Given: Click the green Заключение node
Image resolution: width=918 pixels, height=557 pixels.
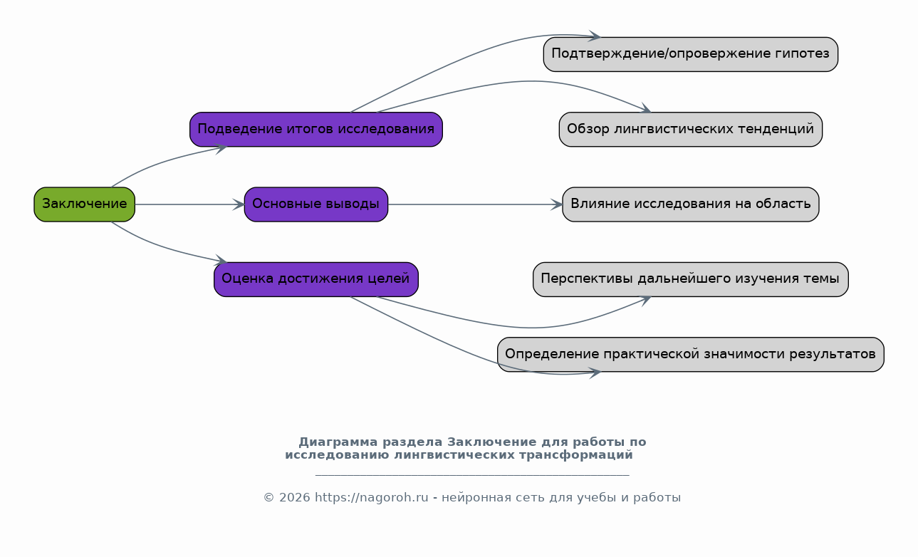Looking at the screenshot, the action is pos(85,204).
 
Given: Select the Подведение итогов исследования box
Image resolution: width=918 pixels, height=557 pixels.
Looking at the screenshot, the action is pos(316,130).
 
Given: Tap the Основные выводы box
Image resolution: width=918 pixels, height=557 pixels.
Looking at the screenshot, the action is pos(316,204).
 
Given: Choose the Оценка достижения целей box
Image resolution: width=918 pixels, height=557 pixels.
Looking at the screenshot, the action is pos(316,279).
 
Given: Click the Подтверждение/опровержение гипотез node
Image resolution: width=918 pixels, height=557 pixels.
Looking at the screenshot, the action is pos(691,55).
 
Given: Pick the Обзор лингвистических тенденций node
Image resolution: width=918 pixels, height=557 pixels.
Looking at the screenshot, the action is pos(691,130).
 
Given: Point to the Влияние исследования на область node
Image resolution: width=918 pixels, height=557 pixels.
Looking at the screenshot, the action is pos(691,204).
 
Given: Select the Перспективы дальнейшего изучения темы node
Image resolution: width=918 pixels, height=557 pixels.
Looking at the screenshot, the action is pos(691,279).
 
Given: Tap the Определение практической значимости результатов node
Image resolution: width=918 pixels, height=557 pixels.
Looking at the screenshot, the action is pos(691,355).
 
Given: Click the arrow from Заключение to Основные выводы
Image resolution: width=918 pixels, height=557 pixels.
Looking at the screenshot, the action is pos(189,204).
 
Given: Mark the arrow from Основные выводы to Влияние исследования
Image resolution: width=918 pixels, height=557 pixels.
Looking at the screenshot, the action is pos(476,204).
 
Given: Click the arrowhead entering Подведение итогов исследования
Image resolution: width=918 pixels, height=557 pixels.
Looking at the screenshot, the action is pos(221,148).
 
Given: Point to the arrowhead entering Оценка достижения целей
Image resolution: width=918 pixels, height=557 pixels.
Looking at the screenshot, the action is pos(221,260).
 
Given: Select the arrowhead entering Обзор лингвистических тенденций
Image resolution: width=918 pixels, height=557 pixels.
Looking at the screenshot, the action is pos(646,108).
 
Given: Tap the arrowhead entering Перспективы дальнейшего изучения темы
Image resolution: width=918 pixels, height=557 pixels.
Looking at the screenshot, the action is pos(646,300).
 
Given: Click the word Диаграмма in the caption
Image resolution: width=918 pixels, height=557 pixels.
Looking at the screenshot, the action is pos(338,442).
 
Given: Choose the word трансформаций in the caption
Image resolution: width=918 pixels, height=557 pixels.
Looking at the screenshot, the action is pos(576,455).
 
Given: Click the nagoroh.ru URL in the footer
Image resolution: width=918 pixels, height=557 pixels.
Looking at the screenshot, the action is pos(371,498).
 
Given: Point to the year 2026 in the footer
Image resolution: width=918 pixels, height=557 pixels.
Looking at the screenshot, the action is pos(295,498).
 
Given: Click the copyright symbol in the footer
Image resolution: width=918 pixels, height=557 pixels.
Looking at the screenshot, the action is pos(268,498).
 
